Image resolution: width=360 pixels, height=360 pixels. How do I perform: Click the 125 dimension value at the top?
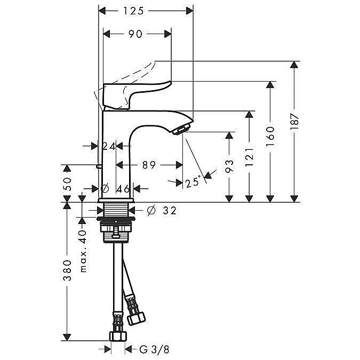point(146,10)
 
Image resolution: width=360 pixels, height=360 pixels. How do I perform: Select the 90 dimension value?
point(136,34)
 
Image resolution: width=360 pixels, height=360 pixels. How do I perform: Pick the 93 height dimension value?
point(230,166)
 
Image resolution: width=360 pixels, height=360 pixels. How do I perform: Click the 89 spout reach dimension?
point(149,165)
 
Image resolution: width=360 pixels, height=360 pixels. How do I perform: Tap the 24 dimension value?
point(109,146)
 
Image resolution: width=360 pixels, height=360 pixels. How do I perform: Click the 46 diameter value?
point(123,188)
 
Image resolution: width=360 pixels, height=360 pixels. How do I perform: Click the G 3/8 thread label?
point(150,349)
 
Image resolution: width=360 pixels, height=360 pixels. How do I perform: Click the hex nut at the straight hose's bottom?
point(117,337)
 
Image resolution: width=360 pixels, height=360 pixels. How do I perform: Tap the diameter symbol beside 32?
point(150,211)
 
